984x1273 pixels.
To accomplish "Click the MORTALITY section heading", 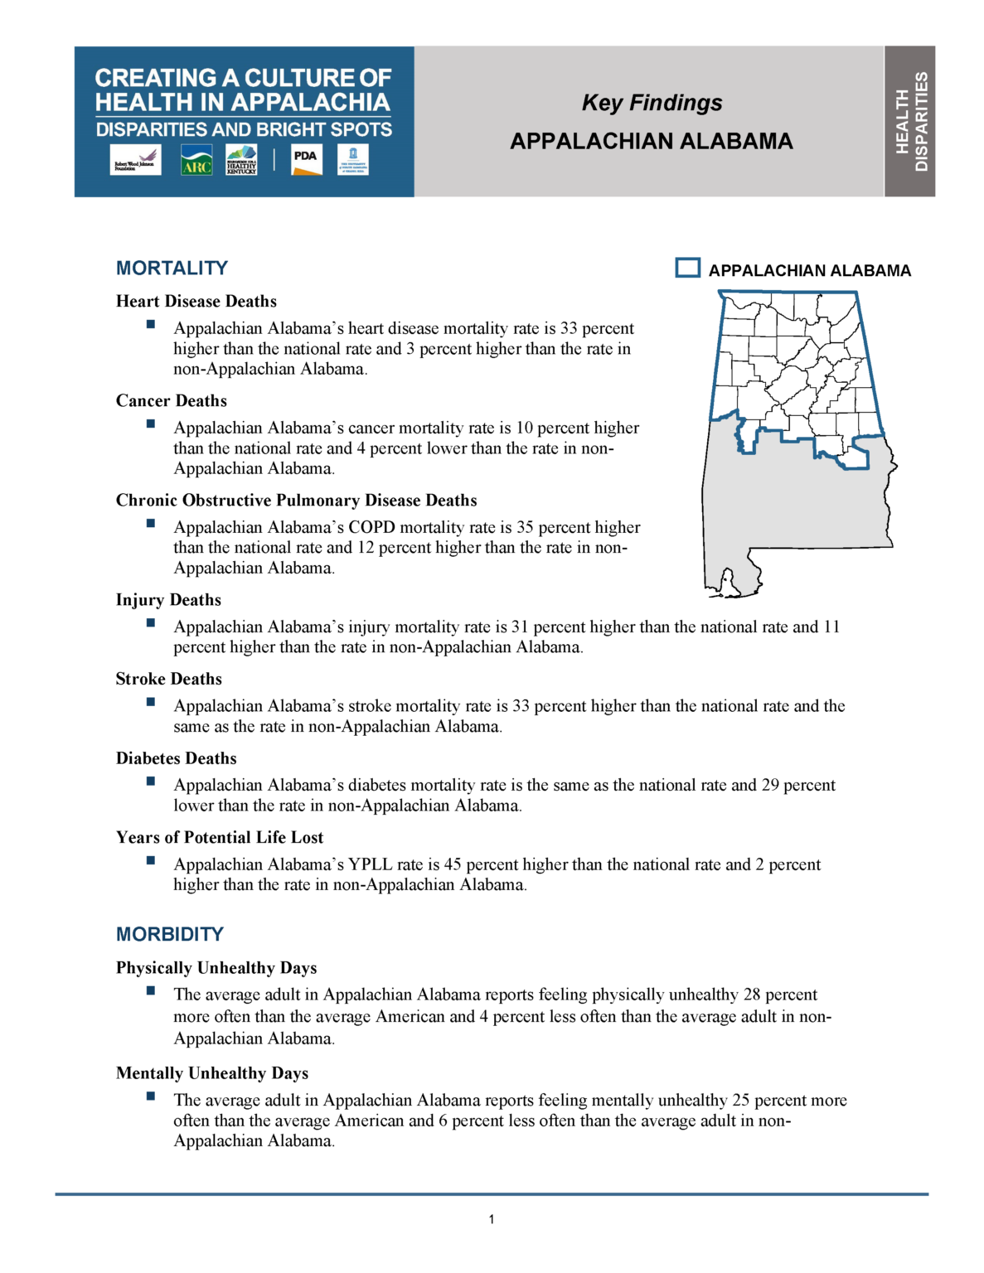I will coord(172,268).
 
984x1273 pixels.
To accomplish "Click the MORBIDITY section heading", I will coord(170,934).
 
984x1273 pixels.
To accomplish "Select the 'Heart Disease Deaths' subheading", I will coord(196,301).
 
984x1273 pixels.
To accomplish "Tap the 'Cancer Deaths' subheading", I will coord(172,400).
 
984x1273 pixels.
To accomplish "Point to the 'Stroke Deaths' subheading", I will coord(169,679).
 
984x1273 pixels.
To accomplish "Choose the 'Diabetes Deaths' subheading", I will coord(177,758).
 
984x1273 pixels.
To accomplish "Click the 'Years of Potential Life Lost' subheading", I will coord(220,837).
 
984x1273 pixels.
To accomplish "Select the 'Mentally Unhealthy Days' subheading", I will coord(212,1073).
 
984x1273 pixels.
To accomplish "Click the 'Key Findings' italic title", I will coord(652,103).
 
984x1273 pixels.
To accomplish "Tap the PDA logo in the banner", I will coord(306,160).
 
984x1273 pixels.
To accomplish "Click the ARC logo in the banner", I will coord(196,160).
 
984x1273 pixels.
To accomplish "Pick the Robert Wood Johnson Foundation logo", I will coord(135,160).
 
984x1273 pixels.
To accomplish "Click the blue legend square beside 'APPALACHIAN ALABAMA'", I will coord(687,268).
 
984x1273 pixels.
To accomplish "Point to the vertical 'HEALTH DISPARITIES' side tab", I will coord(910,121).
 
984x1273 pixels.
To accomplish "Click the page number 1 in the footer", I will coord(492,1219).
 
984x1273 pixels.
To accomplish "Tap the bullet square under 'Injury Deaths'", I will coord(151,622).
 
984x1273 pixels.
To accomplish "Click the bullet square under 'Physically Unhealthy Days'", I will coord(151,990).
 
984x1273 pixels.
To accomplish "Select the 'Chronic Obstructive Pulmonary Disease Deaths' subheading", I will coord(297,500).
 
